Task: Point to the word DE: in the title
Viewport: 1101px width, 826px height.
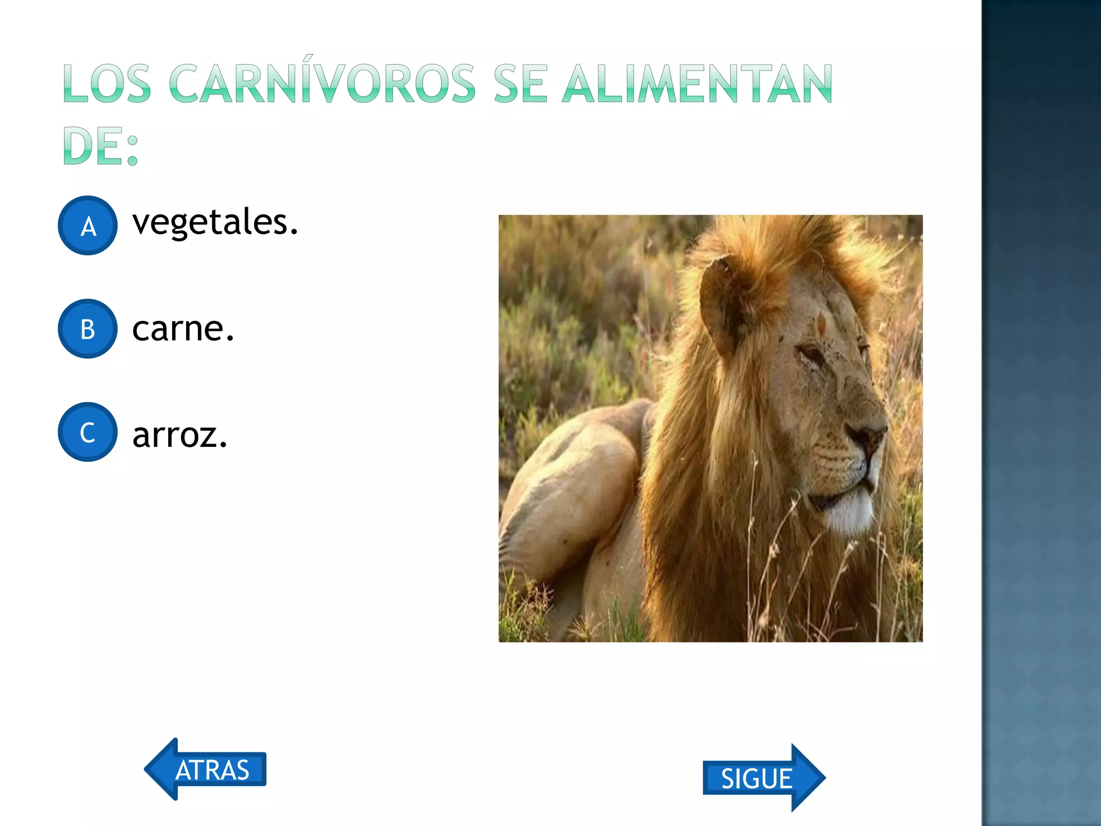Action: (101, 146)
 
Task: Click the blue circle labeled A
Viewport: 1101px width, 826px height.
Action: (88, 225)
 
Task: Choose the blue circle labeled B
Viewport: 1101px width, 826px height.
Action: (88, 329)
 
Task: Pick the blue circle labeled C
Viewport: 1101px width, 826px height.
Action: (88, 432)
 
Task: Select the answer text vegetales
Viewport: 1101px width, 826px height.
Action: (215, 222)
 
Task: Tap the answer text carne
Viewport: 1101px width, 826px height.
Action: (183, 329)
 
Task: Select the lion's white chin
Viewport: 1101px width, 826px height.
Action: (849, 511)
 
